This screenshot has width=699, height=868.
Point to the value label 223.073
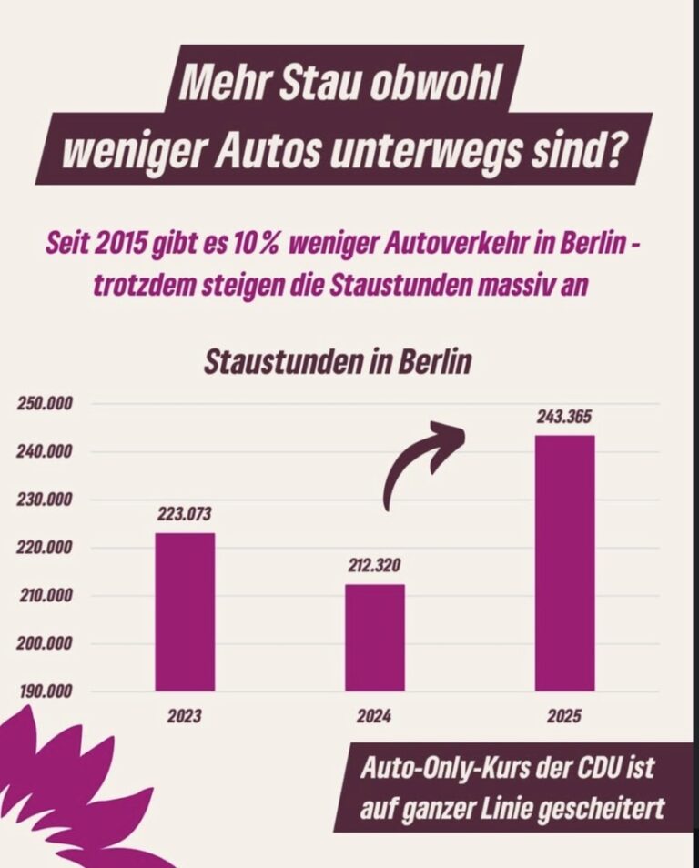[x=184, y=514]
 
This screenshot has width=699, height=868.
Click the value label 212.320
[x=374, y=566]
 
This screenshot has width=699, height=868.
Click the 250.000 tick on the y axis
[x=46, y=404]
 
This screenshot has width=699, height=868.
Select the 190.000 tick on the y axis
[x=46, y=692]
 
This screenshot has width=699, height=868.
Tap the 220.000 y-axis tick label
[x=46, y=548]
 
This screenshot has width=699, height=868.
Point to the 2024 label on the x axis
[x=374, y=717]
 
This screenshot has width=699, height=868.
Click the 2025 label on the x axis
[x=564, y=717]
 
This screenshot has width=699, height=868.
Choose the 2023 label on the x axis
[x=184, y=717]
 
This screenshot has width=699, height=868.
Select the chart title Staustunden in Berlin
[x=338, y=361]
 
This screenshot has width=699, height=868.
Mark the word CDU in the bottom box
[x=596, y=769]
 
